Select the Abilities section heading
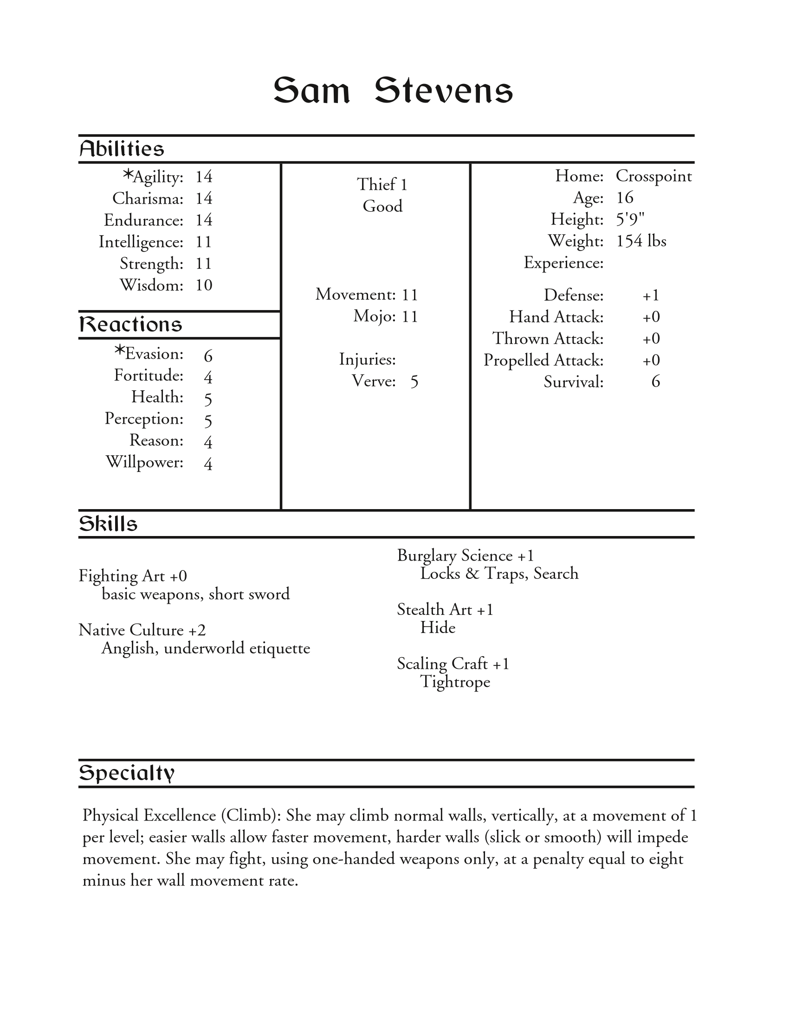(x=122, y=149)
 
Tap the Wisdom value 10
(x=204, y=285)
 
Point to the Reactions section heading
(x=130, y=324)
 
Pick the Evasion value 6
(x=208, y=356)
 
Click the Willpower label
(x=144, y=462)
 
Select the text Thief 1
(x=382, y=185)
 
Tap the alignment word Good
(x=382, y=206)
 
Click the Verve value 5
(x=414, y=382)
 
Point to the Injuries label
(x=368, y=360)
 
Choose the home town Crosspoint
(x=653, y=176)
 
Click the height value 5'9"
(x=630, y=219)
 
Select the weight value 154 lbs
(x=641, y=241)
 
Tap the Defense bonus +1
(x=651, y=296)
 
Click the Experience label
(x=563, y=263)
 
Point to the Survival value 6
(x=655, y=382)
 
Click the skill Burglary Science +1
(x=465, y=556)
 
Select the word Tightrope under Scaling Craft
(x=455, y=682)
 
